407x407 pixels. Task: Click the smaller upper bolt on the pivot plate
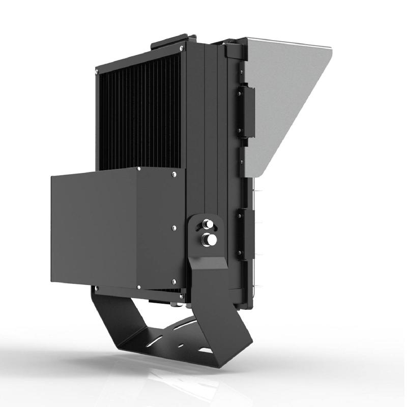click(208, 223)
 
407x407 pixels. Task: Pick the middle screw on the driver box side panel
click(174, 227)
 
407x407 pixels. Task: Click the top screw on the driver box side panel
click(174, 175)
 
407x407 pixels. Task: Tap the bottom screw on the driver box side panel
click(174, 281)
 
